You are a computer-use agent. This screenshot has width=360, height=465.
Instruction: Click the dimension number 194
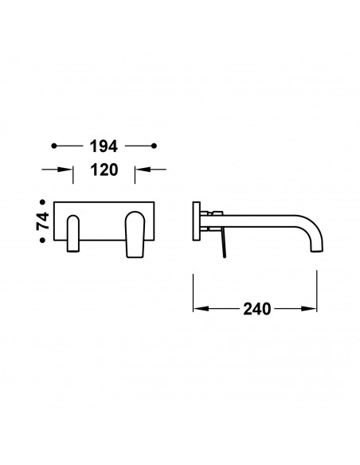click(x=104, y=147)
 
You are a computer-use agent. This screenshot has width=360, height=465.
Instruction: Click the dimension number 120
click(x=104, y=170)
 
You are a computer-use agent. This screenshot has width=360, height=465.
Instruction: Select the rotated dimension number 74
click(x=43, y=221)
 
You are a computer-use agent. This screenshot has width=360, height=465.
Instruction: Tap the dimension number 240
click(x=257, y=309)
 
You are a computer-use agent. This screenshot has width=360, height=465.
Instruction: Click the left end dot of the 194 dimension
click(x=54, y=146)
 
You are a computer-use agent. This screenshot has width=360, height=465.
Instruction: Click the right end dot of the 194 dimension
click(x=154, y=146)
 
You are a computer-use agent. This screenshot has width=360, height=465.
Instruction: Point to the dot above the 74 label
click(x=43, y=202)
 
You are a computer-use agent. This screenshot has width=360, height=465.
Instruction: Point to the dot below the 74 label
click(x=43, y=240)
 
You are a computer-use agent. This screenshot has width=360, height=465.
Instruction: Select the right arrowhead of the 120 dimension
click(x=143, y=170)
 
